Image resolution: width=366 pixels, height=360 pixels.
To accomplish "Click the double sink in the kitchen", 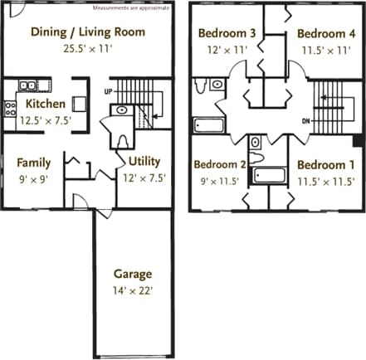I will (28, 85).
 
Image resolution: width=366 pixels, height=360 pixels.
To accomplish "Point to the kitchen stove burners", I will (11, 105).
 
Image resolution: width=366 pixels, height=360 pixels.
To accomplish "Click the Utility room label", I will (144, 161).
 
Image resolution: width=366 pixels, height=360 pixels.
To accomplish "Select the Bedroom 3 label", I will (227, 34).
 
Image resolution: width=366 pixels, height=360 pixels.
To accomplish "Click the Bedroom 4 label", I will (325, 34).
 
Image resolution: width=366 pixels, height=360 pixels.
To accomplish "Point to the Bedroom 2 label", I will (220, 164).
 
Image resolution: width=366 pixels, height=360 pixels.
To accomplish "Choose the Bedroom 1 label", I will (325, 164).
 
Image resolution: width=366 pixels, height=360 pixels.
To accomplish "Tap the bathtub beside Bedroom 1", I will (269, 176).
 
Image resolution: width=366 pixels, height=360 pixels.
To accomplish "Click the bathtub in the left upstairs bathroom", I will (209, 125).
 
